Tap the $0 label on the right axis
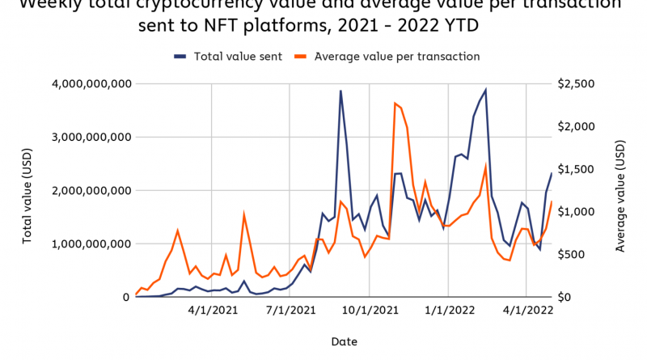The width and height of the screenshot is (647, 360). point(565,297)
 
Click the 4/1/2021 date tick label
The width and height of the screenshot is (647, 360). point(211,309)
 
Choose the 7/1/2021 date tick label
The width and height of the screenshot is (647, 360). point(290,309)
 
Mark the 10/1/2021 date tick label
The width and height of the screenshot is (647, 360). point(370,309)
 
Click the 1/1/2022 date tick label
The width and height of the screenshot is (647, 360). point(447,309)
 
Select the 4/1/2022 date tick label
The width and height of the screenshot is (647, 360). point(526,309)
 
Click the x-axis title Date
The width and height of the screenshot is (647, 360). point(344,341)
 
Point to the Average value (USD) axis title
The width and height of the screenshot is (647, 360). point(620,190)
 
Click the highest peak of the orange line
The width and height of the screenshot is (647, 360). point(395,103)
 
